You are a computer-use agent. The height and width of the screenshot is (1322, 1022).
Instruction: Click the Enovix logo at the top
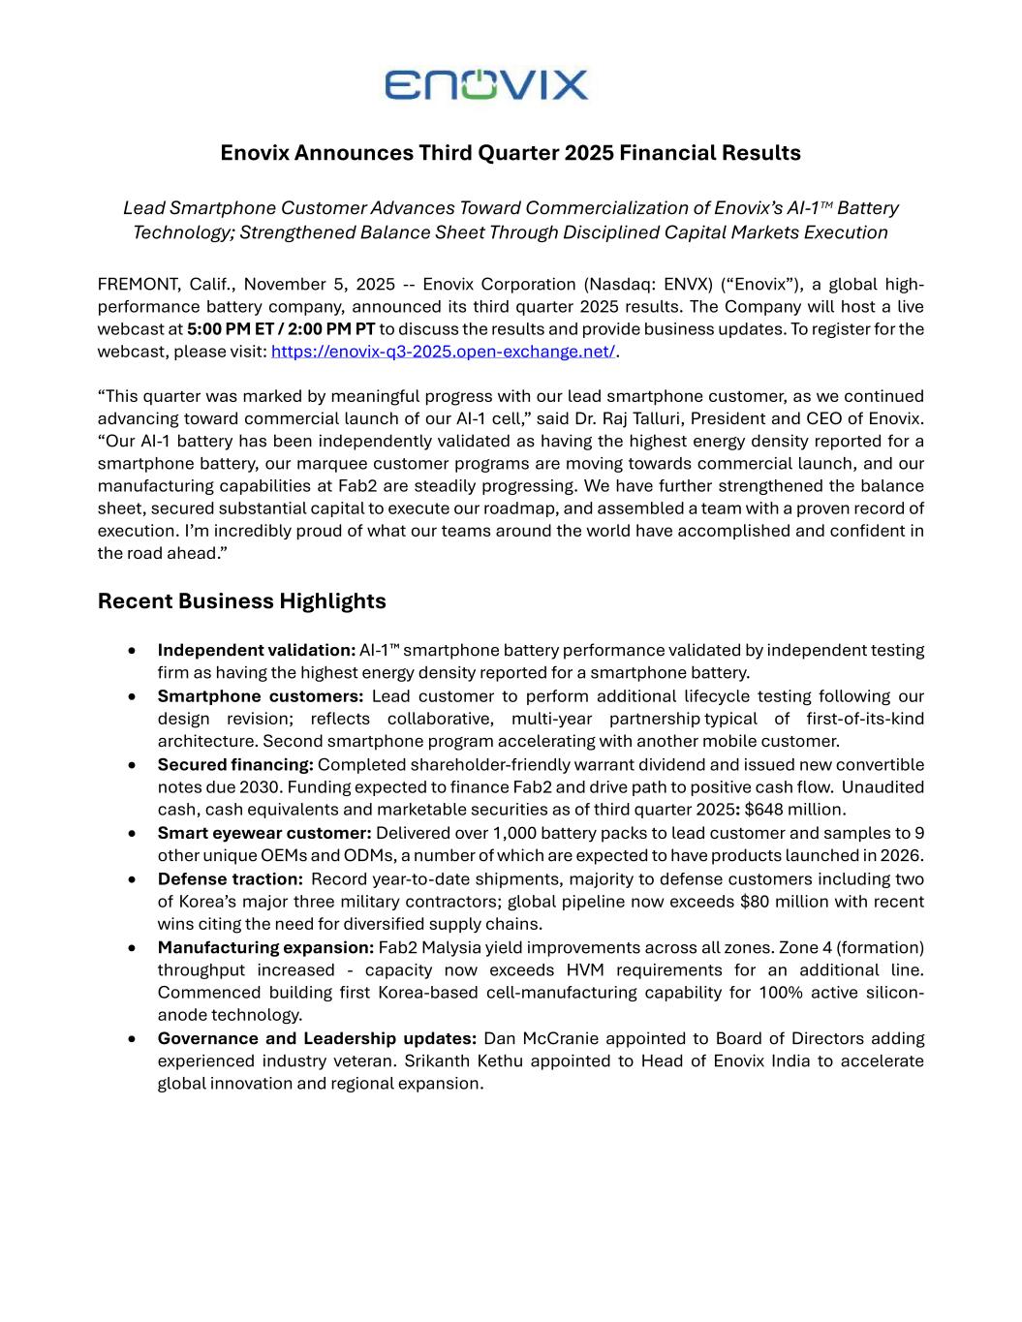[486, 84]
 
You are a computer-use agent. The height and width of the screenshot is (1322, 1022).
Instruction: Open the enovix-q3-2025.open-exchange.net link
[443, 352]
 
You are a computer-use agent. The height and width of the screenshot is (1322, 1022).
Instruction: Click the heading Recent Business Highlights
[241, 601]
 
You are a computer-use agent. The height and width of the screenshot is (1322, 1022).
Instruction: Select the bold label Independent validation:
[256, 650]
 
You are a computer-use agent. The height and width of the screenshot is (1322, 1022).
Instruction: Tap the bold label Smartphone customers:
[260, 696]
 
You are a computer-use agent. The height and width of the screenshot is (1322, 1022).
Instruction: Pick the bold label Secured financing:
[235, 765]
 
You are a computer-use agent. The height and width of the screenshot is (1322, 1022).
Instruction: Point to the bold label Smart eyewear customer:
[264, 833]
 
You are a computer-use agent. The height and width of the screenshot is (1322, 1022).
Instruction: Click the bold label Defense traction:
[231, 879]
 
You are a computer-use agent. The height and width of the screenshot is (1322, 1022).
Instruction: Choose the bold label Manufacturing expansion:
[265, 947]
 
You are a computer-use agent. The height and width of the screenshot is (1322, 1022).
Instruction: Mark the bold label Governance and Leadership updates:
[317, 1039]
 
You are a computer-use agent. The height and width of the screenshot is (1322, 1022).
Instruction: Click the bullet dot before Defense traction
[132, 879]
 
